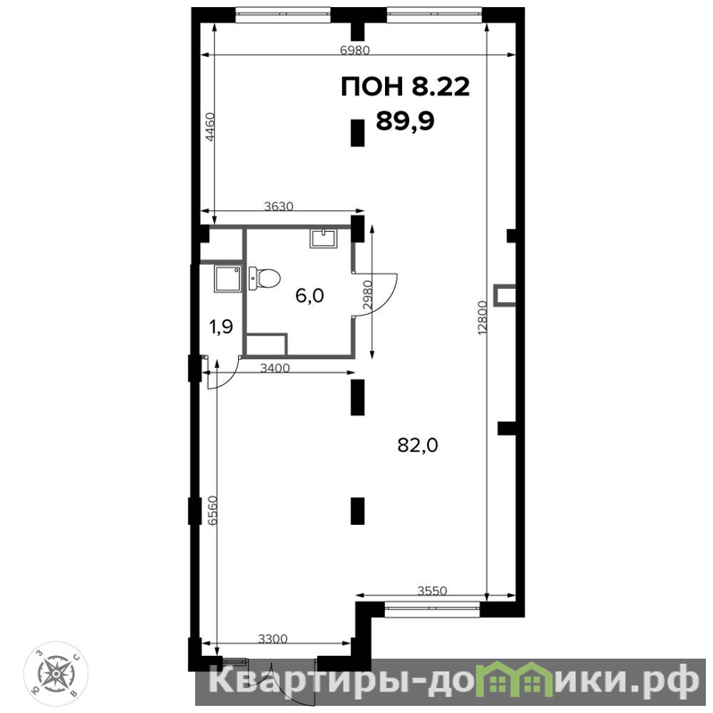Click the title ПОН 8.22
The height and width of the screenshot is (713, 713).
tap(405, 86)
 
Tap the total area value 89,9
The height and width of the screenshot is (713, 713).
tap(406, 121)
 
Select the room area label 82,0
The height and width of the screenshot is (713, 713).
tap(417, 445)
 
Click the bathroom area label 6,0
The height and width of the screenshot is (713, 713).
tap(309, 296)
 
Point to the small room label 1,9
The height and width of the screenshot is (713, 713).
tap(221, 326)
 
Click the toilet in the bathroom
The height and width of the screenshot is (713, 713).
tap(264, 278)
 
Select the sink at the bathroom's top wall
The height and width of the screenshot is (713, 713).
tap(324, 238)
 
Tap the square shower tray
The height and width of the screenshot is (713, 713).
tap(228, 279)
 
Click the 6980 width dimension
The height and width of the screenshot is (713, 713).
tap(355, 50)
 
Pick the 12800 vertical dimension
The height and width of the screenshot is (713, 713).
tap(482, 318)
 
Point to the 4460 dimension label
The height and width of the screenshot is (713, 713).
tap(209, 127)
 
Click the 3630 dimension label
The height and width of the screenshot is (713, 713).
tap(279, 206)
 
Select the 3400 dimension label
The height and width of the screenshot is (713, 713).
tap(275, 367)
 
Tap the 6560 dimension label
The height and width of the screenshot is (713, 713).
tap(212, 511)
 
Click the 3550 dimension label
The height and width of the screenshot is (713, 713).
tap(432, 591)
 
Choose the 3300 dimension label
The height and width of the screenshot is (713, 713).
tap(273, 639)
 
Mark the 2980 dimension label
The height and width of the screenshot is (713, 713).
tap(367, 295)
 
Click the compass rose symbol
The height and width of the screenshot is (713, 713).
tap(55, 673)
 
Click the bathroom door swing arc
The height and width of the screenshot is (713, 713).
tap(392, 295)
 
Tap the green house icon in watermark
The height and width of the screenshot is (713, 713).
tap(514, 680)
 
